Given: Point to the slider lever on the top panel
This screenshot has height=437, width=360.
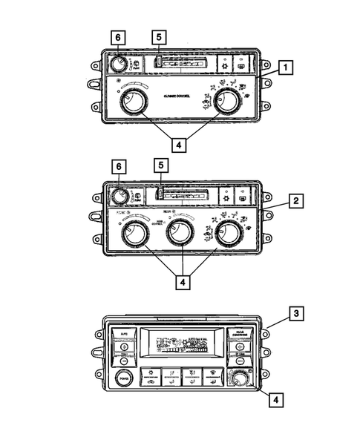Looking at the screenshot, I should pyautogui.click(x=157, y=62).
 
